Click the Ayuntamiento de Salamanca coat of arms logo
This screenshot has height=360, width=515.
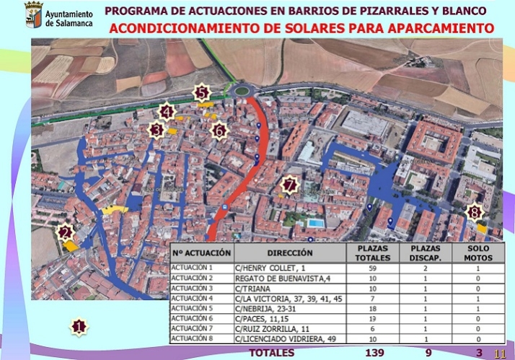coord(33,14)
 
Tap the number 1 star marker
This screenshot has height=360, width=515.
coord(79,326)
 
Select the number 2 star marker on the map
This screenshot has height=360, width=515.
coord(66,232)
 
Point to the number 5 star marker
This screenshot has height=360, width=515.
coord(202,92)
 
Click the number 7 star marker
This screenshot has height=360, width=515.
coord(290,185)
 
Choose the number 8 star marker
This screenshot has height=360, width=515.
coord(474,212)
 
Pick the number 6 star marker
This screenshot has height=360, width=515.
coord(219,130)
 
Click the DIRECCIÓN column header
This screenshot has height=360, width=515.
coord(289,253)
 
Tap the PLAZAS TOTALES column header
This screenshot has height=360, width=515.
coord(373,253)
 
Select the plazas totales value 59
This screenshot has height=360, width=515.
coord(373,268)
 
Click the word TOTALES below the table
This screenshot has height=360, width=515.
coord(271,353)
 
